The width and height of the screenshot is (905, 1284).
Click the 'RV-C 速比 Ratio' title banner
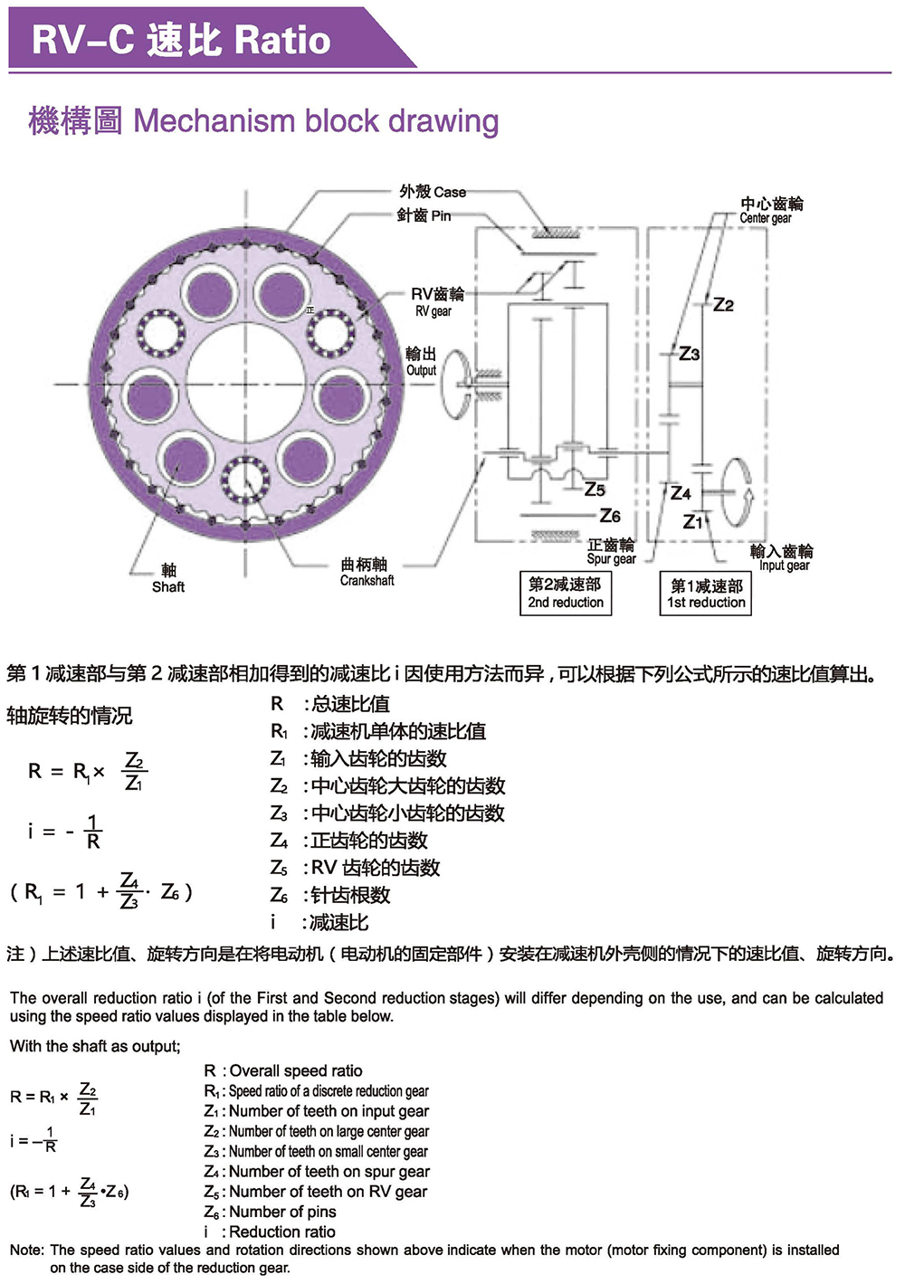(181, 40)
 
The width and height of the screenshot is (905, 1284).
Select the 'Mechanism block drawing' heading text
(316, 120)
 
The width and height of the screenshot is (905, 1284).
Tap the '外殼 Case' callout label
(433, 192)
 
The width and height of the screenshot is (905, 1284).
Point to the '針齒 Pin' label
(424, 215)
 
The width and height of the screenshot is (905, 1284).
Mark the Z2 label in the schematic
(723, 305)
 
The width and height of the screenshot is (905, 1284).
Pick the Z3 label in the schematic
(690, 354)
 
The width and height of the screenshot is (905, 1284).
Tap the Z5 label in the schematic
(595, 490)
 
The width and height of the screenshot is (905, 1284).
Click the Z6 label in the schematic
(610, 516)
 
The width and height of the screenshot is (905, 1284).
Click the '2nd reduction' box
(566, 594)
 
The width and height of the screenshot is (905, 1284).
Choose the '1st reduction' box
(706, 594)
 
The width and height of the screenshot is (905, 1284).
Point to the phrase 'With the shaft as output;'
(95, 1046)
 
